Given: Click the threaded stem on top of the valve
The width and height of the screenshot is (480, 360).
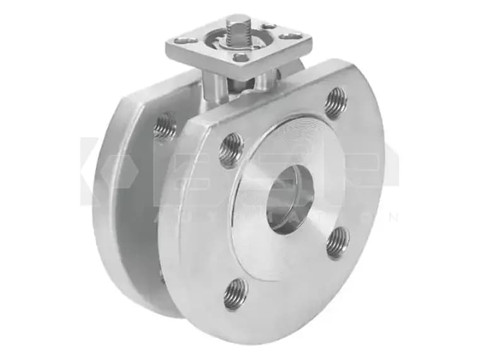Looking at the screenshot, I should (x=238, y=30).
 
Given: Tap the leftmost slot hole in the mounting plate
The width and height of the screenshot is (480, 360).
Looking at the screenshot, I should (x=186, y=41).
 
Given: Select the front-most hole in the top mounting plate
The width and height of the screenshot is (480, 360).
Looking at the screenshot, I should (x=242, y=57).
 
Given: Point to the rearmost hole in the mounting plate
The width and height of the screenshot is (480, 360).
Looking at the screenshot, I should (x=266, y=26).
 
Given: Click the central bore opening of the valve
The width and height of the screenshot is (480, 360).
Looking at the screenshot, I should (x=290, y=200).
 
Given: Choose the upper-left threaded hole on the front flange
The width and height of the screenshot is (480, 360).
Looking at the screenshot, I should (x=231, y=150).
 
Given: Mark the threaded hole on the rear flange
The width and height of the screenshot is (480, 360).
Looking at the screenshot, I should (x=165, y=126).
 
